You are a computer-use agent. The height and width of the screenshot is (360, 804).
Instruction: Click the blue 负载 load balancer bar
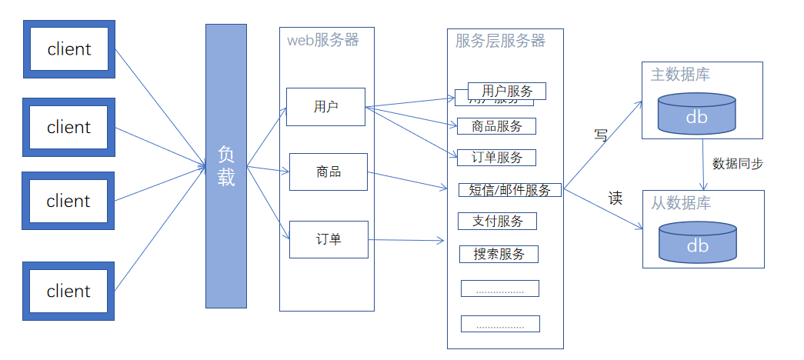226,166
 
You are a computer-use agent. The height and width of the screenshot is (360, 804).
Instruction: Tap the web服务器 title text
323,41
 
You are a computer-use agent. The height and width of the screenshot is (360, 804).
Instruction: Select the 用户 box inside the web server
325,107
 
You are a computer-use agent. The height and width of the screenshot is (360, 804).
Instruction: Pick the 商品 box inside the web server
329,172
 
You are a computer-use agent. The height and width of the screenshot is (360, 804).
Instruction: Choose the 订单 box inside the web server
329,239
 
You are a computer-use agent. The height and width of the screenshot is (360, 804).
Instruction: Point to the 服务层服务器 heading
500,41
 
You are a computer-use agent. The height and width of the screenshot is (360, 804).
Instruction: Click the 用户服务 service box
506,92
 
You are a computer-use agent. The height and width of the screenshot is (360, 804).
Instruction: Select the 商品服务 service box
496,127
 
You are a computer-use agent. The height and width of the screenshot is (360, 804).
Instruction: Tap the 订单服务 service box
496,158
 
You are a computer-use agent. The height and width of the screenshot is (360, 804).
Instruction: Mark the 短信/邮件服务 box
509,190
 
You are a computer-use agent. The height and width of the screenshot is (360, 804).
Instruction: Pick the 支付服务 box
498,222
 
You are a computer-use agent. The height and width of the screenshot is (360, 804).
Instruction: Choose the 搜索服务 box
499,254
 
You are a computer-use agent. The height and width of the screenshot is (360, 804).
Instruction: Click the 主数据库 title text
680,75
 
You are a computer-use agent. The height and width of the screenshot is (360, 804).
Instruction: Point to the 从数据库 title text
681,203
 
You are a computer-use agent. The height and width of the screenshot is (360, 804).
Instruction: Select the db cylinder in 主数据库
696,113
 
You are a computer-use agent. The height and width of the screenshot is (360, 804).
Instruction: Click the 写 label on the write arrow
601,135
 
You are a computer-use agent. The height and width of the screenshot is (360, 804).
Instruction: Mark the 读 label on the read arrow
616,198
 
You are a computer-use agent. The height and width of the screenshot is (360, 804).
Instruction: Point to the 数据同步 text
738,164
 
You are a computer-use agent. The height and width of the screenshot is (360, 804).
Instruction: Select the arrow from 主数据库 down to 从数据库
704,165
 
